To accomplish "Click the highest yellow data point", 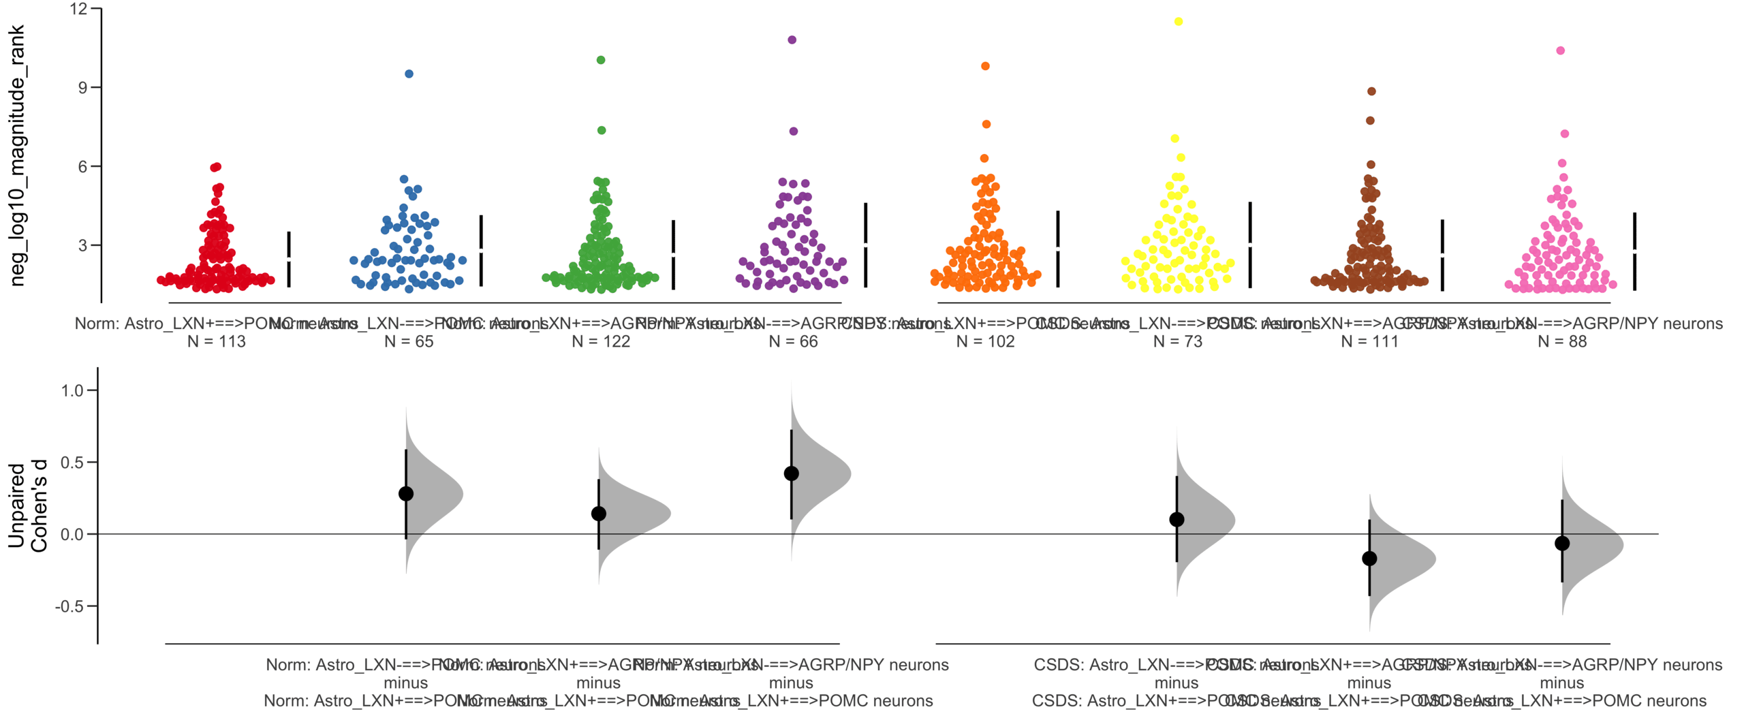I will (x=1178, y=22).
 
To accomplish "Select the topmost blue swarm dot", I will (x=409, y=74).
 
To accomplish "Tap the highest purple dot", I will (x=792, y=40).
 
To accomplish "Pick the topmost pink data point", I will (x=1560, y=50).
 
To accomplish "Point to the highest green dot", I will (x=601, y=60).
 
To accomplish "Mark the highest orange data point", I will (x=985, y=66).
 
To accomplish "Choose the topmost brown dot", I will (x=1371, y=91).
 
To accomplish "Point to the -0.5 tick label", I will (x=69, y=606).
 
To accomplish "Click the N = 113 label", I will (x=216, y=341).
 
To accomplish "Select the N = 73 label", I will (x=1177, y=341).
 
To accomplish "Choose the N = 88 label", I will (x=1561, y=341).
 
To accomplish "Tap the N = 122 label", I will (x=600, y=341).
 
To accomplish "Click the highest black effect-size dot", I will (x=791, y=473).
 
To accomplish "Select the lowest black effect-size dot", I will (x=1369, y=559).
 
